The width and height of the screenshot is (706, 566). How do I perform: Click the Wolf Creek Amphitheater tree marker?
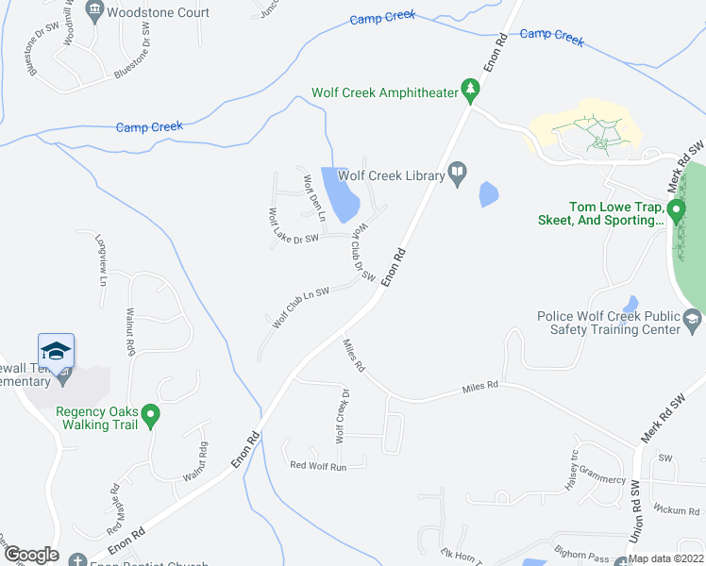coord(470,92)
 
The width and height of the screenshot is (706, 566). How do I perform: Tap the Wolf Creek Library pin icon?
coord(458,173)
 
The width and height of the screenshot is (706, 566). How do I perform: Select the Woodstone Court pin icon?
coord(93,11)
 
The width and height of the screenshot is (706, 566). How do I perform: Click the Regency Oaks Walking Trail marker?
coord(149,414)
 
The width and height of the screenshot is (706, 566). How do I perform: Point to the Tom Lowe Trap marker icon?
coord(676,209)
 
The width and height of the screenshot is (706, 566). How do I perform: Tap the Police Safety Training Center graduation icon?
coord(694,322)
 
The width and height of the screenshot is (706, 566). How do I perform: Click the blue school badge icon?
coord(57,352)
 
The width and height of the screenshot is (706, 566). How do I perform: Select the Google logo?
coord(30,555)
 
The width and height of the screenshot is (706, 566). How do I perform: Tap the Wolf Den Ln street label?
coord(313,198)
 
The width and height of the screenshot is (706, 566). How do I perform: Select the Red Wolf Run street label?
coord(318,466)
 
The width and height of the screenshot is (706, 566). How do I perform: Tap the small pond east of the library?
coord(489,194)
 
